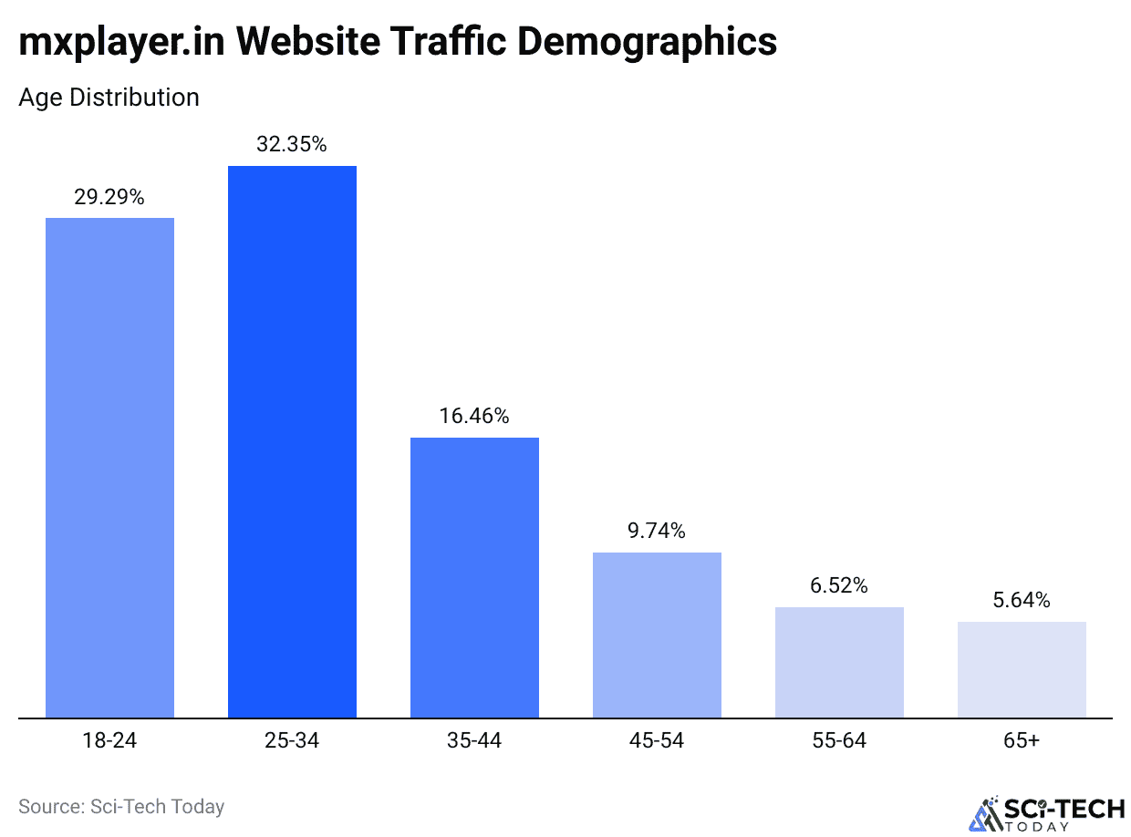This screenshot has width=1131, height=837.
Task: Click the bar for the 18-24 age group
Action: [x=109, y=467]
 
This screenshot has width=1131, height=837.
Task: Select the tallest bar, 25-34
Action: [x=292, y=441]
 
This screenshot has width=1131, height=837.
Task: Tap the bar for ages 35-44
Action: [x=474, y=577]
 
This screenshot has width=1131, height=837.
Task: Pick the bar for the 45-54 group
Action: [x=657, y=635]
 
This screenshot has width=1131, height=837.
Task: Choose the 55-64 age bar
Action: [x=839, y=662]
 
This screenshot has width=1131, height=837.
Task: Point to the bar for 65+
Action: [x=1022, y=669]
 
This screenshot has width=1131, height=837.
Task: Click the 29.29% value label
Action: [x=109, y=196]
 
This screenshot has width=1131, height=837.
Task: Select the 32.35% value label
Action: [x=292, y=144]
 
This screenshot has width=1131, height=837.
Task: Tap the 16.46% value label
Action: [x=474, y=416]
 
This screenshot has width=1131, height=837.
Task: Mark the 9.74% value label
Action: [x=657, y=531]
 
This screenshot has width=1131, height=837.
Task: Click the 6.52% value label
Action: [x=839, y=585]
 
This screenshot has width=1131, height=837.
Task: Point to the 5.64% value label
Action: [x=1022, y=600]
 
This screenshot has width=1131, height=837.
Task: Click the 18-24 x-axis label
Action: [x=109, y=740]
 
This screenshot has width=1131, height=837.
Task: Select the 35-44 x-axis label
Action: [x=474, y=740]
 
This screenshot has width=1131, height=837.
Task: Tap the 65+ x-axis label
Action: [x=1022, y=740]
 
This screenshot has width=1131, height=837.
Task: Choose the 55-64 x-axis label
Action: [x=839, y=740]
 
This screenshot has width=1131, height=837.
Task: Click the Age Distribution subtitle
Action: [x=109, y=97]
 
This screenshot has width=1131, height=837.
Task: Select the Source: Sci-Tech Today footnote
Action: [x=121, y=806]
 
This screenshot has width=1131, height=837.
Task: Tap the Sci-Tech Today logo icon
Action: [x=984, y=813]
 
